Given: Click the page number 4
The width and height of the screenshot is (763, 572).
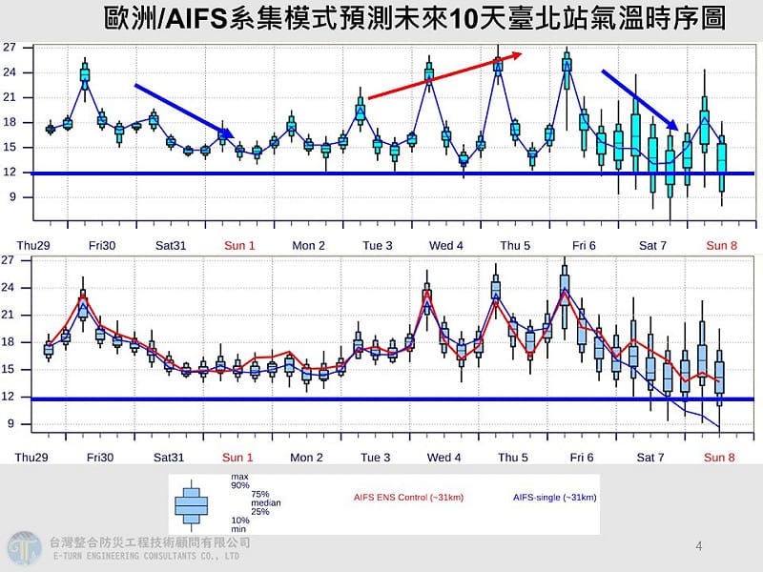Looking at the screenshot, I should coord(699,546).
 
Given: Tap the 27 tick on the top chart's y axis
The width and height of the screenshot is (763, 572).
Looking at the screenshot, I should coord(9,47).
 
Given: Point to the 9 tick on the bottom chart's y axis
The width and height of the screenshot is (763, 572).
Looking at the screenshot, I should coord(11,424).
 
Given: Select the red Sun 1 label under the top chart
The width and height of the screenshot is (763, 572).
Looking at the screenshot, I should coord(239,245).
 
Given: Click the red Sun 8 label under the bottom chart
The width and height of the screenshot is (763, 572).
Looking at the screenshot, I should coord(720,458).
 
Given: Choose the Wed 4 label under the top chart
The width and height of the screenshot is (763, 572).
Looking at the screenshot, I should coord(446,245).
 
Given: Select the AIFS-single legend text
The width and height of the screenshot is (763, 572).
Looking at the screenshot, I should coord(554,498).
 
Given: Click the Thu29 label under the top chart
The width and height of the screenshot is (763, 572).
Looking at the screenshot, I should coord(32,245).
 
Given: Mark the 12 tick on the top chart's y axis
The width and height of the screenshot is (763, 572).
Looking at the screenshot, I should coord(9,173).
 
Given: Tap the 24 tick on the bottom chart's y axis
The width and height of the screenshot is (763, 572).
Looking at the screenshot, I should coord(9,287).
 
